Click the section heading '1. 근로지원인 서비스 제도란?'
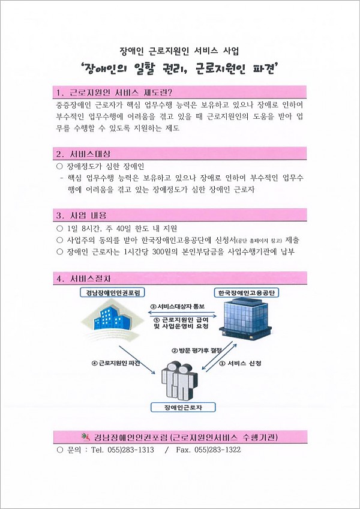click(114, 92)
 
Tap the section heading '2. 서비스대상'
click(85, 154)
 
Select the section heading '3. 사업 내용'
click(81, 215)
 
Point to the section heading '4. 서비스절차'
click(85, 278)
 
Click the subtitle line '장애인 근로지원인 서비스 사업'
click(179, 50)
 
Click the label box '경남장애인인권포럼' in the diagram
click(112, 292)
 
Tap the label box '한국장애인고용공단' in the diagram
click(247, 292)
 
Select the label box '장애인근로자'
click(183, 408)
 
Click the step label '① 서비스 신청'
click(241, 364)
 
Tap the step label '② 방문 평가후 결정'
click(196, 351)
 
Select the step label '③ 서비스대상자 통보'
click(177, 307)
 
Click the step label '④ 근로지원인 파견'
click(116, 363)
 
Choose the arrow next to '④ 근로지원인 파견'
click(137, 360)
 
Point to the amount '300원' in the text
click(158, 252)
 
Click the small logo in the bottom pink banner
click(86, 436)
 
